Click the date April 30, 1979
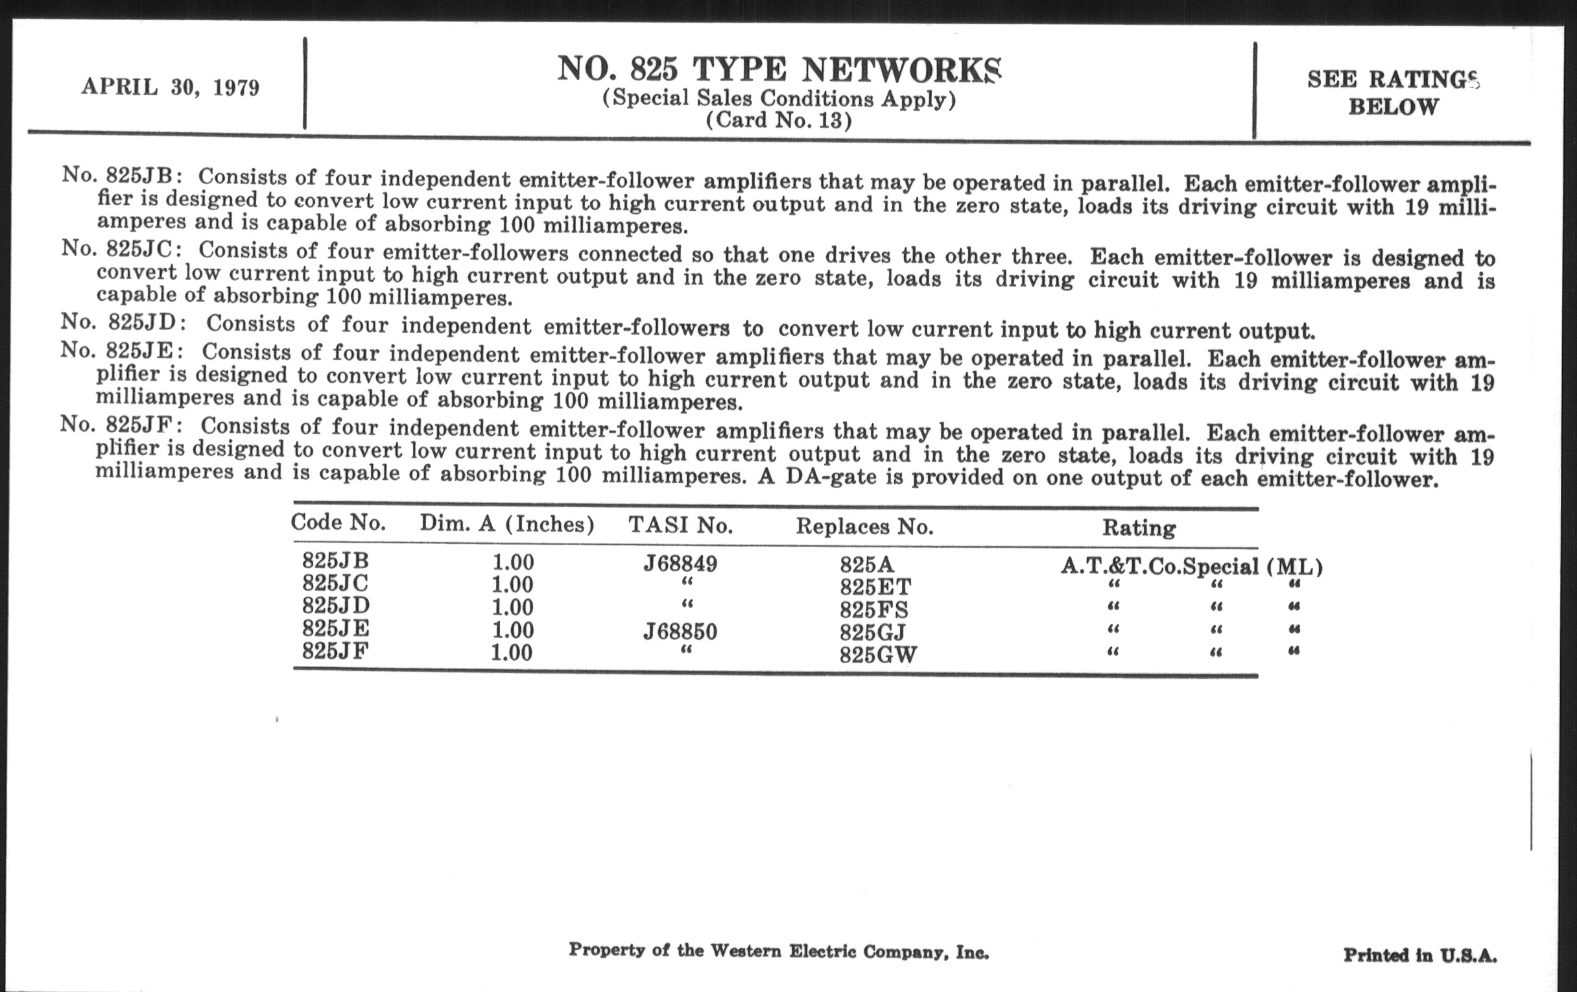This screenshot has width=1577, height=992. [x=171, y=87]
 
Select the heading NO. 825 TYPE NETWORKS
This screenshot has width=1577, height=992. [x=779, y=69]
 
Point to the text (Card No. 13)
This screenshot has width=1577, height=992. [x=779, y=121]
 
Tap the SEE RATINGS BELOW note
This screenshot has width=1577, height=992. [x=1393, y=93]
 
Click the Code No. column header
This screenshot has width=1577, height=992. [x=338, y=523]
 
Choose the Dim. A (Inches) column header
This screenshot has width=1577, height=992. [x=507, y=524]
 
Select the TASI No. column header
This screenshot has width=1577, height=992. [x=680, y=525]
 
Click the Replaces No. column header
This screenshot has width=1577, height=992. [x=864, y=526]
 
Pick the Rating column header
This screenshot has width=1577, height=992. [x=1139, y=528]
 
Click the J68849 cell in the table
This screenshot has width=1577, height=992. [x=680, y=563]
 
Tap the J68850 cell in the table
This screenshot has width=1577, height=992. [x=680, y=632]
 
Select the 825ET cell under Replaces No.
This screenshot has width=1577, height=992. [x=875, y=587]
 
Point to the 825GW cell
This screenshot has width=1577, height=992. [x=878, y=655]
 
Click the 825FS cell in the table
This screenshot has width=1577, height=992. [x=873, y=609]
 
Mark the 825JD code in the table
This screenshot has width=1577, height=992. [x=335, y=606]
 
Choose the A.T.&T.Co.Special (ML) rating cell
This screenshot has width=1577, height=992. [x=1191, y=567]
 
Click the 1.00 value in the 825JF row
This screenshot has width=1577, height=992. [x=512, y=653]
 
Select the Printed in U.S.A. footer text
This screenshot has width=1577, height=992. [x=1420, y=955]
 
